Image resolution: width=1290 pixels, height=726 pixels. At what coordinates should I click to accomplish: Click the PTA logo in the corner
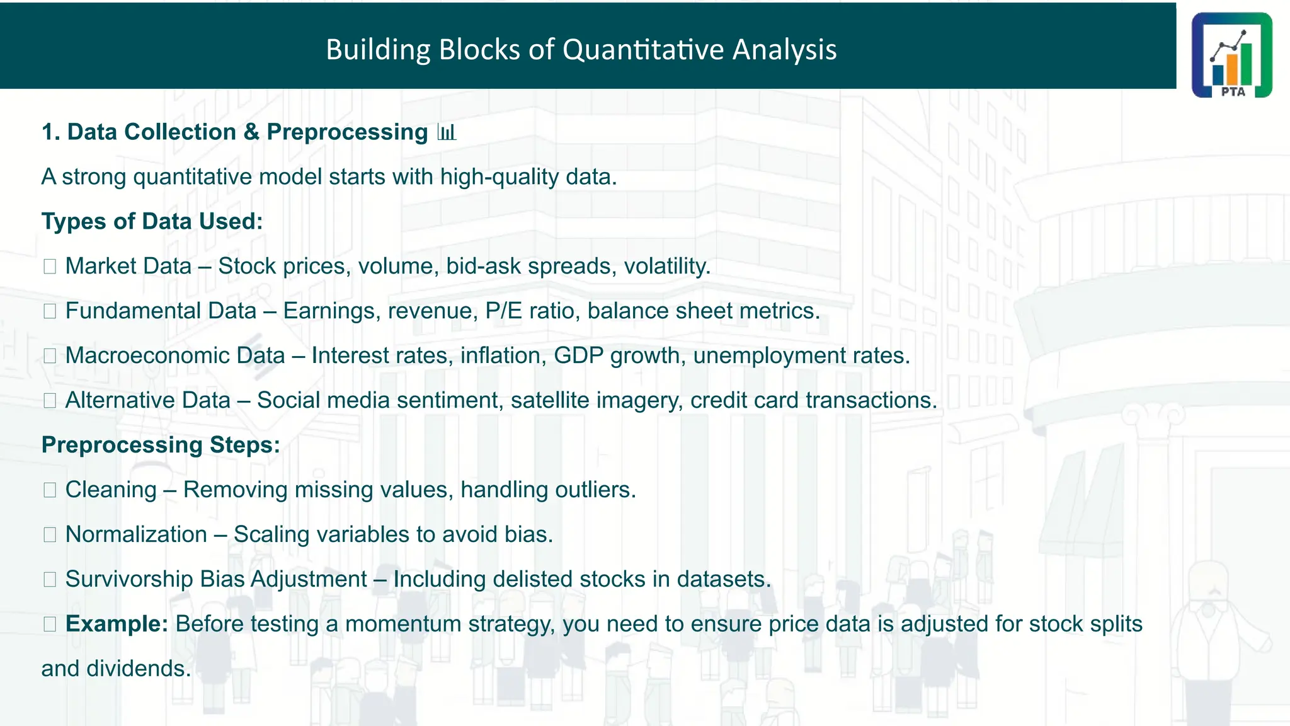(x=1231, y=55)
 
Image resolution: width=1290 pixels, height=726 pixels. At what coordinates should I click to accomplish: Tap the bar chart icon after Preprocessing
(x=447, y=132)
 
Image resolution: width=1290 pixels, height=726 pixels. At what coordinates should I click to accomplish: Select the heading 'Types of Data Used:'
(x=152, y=222)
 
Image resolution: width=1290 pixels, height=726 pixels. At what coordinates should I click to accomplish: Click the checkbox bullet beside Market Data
(x=50, y=267)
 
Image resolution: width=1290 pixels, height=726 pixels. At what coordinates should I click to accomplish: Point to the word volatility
(x=666, y=267)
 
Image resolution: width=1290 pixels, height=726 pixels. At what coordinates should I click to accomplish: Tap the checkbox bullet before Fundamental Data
(x=50, y=311)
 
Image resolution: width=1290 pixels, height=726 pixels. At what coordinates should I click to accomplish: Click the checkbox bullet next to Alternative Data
(x=50, y=401)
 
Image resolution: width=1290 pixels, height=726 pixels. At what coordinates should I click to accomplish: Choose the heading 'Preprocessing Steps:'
(x=161, y=445)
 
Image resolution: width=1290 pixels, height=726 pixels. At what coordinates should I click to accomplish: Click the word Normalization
(x=136, y=535)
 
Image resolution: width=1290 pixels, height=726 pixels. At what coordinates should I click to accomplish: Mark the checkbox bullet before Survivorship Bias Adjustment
(x=50, y=579)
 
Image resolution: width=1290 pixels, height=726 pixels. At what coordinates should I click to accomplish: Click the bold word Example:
(x=117, y=624)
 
